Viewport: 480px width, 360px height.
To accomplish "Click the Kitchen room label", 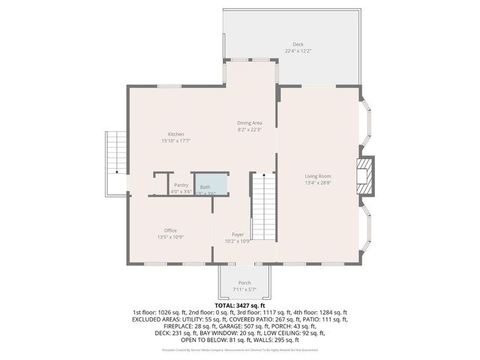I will pos(175,133).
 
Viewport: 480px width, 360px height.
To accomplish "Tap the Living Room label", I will pos(319,175).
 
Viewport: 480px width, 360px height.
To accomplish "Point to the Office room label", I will pos(170,230).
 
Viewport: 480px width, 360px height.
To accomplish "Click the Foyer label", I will pos(238,235).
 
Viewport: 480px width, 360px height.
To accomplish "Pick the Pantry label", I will pos(181,184).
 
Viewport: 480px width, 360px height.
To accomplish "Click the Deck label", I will pos(298,44).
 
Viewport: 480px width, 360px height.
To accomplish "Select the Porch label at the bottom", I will pos(244,282).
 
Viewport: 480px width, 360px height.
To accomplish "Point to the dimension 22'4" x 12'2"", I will pos(298,51).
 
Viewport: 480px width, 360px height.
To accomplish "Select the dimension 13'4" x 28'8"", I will pos(319,182).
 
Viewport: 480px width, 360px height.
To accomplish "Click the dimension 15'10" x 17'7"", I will pos(175,140).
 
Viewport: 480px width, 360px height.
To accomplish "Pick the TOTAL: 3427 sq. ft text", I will pos(239,306).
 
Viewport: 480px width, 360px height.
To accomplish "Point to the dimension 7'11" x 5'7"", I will pos(244,289).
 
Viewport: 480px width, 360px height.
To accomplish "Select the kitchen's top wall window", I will pos(169,86).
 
